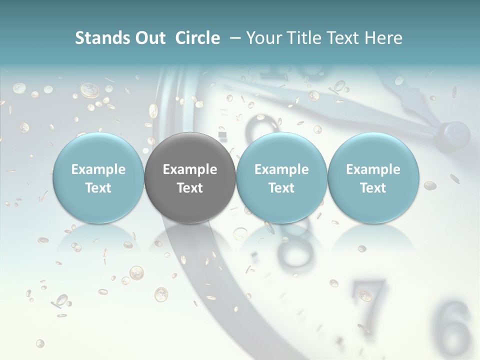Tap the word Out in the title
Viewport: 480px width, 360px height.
[149, 38]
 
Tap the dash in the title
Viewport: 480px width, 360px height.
[233, 38]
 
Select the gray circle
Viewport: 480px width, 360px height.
[190, 178]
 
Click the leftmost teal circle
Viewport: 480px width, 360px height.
[98, 178]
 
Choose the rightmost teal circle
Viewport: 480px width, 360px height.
[373, 178]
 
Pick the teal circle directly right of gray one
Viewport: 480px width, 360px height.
[281, 178]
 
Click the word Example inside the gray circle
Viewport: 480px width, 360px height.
[190, 169]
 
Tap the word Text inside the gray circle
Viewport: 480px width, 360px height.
[190, 188]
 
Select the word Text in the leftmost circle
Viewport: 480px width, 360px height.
[98, 188]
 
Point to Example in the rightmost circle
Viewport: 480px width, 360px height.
[373, 169]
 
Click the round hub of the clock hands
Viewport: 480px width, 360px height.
[454, 133]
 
